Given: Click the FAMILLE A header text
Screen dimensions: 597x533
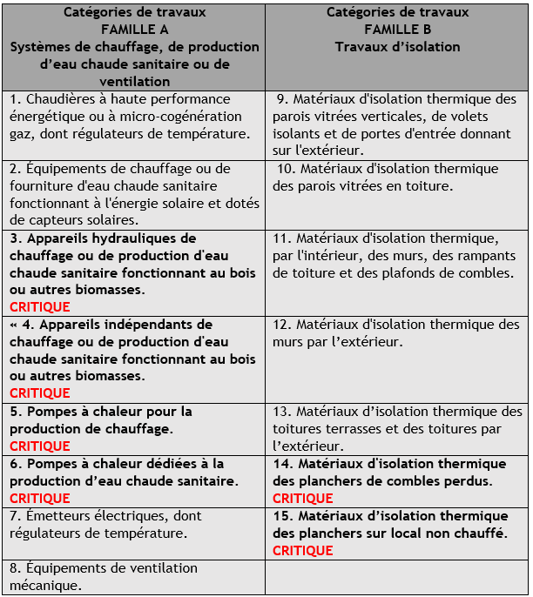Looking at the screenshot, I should (x=134, y=29).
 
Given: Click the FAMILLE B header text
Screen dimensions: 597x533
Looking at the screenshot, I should (x=397, y=29).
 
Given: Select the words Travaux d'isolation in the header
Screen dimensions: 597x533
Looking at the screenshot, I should (x=397, y=46).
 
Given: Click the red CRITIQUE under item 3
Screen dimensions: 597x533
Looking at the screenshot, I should (x=40, y=306).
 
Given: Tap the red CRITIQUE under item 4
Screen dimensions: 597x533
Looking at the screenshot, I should (x=40, y=393).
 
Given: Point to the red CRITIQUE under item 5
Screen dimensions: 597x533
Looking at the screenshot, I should (x=40, y=446).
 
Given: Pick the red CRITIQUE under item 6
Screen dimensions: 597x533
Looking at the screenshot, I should (x=40, y=498).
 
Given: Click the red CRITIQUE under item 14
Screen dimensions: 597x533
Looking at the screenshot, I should (x=303, y=498).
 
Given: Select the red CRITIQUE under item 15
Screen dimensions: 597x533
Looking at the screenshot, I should (x=303, y=550).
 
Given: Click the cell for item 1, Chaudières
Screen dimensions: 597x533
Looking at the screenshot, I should (x=134, y=117).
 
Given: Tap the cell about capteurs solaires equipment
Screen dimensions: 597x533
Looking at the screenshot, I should (x=134, y=194).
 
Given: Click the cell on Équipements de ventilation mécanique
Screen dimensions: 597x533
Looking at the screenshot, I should (x=134, y=576).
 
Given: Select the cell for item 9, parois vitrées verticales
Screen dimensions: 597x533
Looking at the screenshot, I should (x=397, y=125).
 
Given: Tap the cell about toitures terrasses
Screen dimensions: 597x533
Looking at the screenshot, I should (x=397, y=428).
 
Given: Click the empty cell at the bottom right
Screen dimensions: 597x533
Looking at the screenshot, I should (x=397, y=576).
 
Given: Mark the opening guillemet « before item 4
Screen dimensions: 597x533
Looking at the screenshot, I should (x=15, y=325).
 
